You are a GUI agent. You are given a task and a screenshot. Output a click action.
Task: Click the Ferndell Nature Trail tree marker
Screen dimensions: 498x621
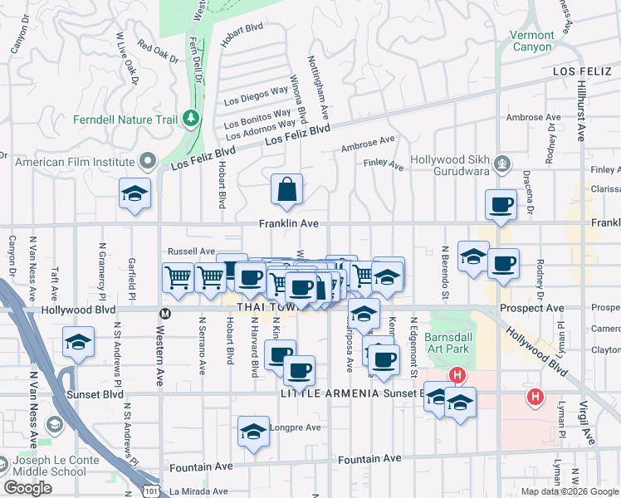point(192,119)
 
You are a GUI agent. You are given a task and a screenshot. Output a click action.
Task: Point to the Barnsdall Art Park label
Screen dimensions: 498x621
point(447,343)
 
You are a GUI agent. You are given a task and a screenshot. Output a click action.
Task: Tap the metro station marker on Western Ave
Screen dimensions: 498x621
point(165,314)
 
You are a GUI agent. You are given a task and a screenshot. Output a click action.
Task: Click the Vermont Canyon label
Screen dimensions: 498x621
point(531,41)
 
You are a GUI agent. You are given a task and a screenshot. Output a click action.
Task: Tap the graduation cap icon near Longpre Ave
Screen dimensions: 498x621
point(253,432)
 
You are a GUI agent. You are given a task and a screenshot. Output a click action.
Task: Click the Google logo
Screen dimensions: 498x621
point(27,488)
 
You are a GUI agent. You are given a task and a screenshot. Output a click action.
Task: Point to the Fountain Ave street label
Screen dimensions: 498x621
point(369,459)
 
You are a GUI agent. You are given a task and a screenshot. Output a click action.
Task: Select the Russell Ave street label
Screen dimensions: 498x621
point(191,251)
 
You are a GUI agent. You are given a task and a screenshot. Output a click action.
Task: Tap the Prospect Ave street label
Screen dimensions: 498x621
point(521,309)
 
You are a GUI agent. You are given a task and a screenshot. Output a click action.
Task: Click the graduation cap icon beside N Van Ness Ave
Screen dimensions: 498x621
point(78,343)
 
